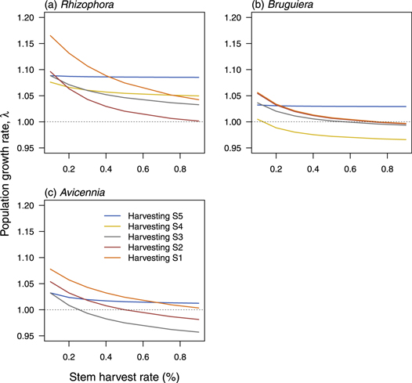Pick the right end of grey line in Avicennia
pos(199,332)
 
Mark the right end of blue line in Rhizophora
pos(199,78)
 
